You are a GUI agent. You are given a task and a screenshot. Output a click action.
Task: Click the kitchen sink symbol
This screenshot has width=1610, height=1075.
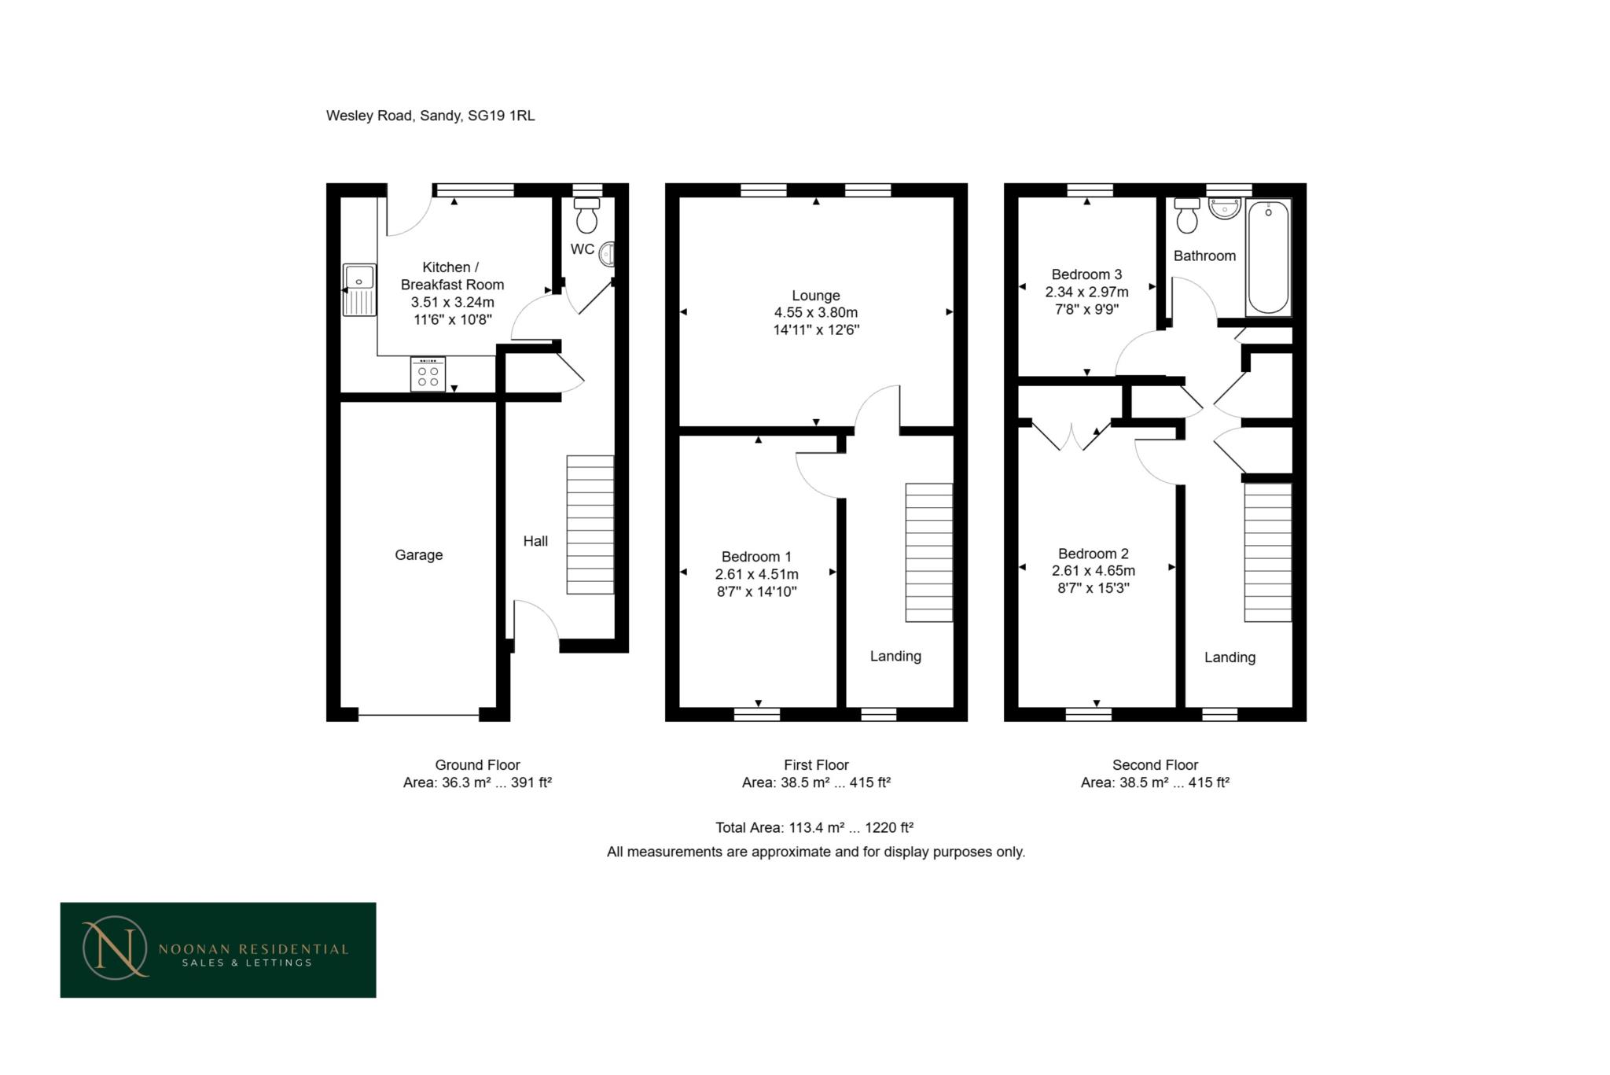coord(359,289)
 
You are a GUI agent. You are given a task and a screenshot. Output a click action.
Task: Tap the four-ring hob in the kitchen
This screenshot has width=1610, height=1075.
coord(428,374)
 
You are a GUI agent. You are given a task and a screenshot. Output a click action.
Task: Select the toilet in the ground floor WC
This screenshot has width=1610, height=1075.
coord(586,215)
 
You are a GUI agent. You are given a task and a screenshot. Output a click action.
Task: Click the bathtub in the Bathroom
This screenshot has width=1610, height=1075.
coord(1268,256)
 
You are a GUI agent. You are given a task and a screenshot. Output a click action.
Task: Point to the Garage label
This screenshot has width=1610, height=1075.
coord(418,555)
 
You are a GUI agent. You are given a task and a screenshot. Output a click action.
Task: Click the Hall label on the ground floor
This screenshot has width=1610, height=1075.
coord(535,541)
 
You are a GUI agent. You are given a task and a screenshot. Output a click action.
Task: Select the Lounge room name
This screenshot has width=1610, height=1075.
coord(815,296)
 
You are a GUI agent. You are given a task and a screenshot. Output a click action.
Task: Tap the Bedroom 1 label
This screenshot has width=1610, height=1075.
coord(756,557)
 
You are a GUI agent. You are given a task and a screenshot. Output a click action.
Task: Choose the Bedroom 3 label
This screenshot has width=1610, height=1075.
coord(1086,274)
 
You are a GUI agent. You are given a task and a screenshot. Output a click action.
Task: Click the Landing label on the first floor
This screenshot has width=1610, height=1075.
coord(895,656)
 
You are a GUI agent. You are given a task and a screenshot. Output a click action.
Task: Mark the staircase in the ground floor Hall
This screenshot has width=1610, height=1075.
coord(590,525)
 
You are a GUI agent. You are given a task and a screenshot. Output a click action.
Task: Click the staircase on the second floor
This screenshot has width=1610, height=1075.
coord(1267,552)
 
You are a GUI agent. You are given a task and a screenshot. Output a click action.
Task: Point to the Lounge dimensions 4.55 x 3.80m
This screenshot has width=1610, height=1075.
coord(815,313)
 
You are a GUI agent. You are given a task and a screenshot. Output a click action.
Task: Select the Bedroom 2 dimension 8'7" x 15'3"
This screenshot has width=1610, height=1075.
coord(1093,588)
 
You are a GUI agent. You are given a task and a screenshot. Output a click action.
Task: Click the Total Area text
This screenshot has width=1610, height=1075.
coord(814,827)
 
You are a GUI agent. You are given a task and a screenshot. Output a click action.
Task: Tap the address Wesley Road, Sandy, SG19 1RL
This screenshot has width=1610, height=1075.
coord(430,116)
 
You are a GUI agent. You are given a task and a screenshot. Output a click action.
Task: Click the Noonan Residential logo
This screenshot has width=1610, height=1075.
coord(218,950)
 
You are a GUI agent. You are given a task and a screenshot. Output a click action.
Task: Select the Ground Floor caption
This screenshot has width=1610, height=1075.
coord(477,764)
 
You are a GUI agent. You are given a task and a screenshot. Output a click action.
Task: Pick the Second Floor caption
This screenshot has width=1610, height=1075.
coord(1154,764)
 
